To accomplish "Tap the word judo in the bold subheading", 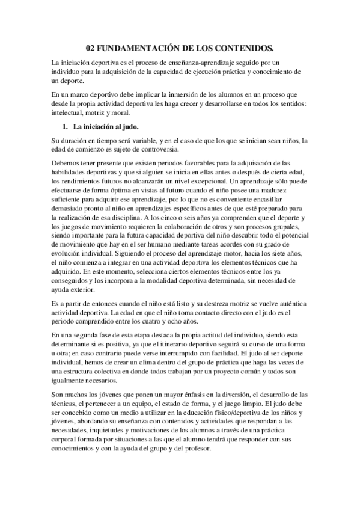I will [129, 127].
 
